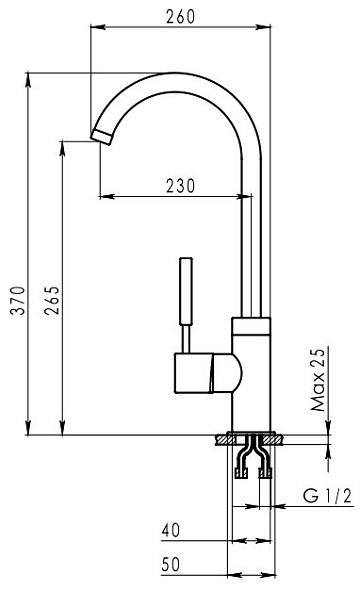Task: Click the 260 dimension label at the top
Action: [x=181, y=17]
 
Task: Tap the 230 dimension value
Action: [x=181, y=186]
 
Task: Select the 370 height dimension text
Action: [x=18, y=300]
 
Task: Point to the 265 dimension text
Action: [x=52, y=300]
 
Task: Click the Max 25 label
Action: [x=318, y=380]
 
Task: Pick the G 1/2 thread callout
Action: [x=327, y=496]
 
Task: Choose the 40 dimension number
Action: [x=171, y=530]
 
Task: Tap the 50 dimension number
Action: [x=171, y=564]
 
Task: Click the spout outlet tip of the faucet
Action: [x=101, y=136]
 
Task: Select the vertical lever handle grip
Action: [x=186, y=291]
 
